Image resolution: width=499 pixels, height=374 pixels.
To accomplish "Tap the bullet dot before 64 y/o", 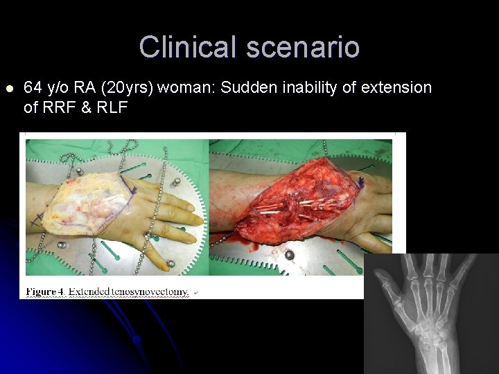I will coord(8,89).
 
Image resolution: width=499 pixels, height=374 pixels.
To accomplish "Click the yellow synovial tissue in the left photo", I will coord(83,201).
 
